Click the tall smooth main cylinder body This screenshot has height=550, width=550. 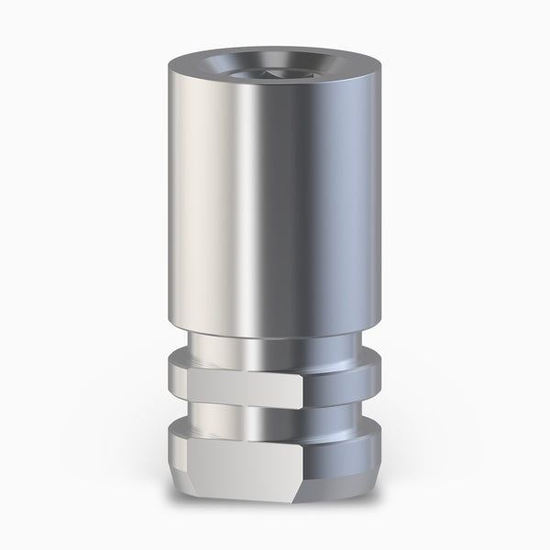pos(275,202)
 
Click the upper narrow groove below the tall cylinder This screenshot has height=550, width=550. pos(275,346)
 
